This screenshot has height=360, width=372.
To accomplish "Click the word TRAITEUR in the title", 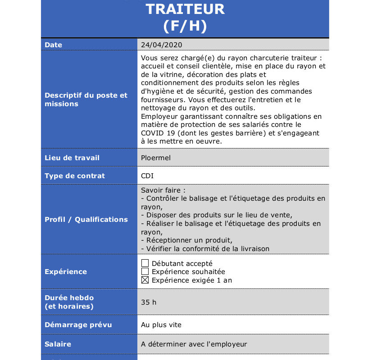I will tap(185, 9).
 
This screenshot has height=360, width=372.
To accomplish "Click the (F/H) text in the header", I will tap(185, 26).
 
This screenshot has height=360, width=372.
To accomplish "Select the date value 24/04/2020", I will tap(161, 45).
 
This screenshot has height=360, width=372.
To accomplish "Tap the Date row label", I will tap(54, 45).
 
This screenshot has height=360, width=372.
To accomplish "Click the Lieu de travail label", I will tap(72, 158).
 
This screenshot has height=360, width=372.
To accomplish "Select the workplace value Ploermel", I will tap(156, 158).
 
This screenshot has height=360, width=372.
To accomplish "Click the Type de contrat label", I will tap(75, 176).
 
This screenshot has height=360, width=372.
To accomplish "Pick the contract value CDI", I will tap(147, 176).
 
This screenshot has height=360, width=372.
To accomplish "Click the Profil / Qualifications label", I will tap(86, 220).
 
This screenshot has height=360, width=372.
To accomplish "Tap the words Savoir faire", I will tap(163, 190).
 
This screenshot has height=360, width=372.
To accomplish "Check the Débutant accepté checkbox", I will tap(145, 263).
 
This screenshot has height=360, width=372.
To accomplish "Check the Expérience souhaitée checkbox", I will tap(145, 271).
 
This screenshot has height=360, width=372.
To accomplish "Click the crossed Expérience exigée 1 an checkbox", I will tap(145, 280).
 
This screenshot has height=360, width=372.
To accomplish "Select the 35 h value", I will tap(149, 302).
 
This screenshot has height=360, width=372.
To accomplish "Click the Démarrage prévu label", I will tap(78, 325).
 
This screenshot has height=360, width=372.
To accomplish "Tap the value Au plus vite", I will tap(161, 325).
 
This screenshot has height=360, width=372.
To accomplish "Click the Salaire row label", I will tap(58, 344).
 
